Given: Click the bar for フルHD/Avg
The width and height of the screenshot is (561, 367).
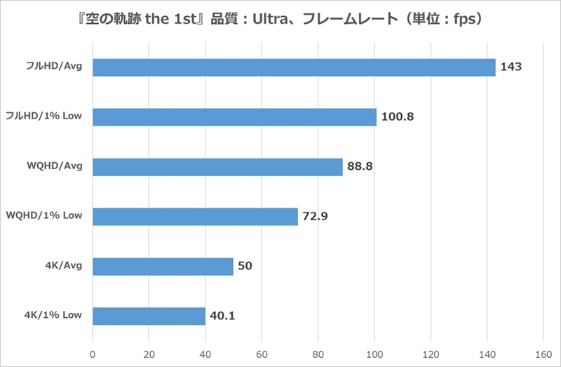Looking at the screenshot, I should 294,67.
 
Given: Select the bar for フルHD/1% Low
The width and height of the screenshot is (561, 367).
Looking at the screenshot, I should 234,117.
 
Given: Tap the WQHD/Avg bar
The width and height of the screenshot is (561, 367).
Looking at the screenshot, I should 217,167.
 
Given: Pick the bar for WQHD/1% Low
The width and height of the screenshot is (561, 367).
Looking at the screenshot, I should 195,217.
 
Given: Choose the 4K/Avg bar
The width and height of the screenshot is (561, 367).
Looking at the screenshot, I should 163,267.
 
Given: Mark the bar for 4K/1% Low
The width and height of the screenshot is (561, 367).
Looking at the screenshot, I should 149,316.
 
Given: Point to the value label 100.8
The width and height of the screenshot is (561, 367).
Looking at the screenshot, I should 398,117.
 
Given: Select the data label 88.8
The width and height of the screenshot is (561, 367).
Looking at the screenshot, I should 360,167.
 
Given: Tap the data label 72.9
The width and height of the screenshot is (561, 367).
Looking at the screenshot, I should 316,217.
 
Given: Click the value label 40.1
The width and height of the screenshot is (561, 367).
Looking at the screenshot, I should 222,316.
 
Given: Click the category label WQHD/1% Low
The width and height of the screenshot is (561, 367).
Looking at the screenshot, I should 44,215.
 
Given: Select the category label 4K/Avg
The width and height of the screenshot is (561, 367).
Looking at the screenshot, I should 63,265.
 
